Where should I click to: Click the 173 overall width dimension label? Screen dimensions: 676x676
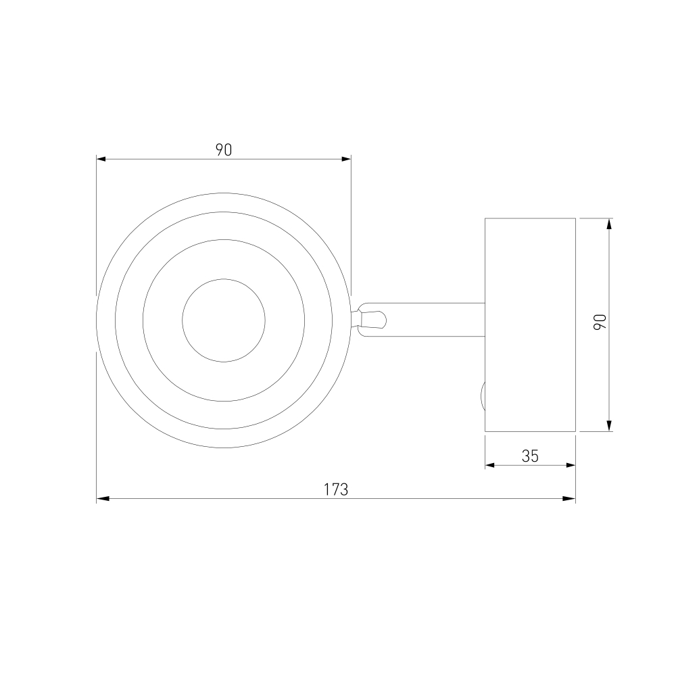336,489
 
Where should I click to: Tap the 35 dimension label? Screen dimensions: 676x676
530,456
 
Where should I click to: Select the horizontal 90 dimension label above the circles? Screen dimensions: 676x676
224,149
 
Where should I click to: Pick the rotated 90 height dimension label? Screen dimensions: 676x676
600,322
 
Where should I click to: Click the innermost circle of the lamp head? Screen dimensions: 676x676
224,279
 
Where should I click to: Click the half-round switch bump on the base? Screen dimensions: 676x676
483,395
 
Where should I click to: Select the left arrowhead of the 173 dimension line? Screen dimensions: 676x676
103,499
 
